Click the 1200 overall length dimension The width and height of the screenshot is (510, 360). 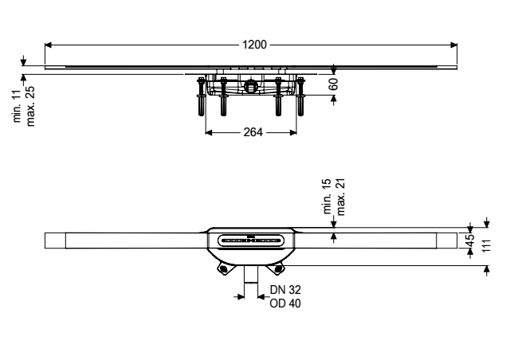pos(254,45)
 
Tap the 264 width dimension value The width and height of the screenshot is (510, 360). pos(253,132)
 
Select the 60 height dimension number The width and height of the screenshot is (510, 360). pos(333,84)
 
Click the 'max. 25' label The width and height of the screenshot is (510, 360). pos(30,106)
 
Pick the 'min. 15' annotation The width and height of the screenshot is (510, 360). pos(328,196)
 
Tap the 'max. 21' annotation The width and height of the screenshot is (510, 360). pos(340,197)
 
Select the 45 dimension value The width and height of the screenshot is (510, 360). pos(469,241)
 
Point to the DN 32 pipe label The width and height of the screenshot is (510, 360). pos(285,289)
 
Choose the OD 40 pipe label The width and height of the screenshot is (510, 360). pos(285,303)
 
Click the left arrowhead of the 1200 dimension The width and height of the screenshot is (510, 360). pos(48,45)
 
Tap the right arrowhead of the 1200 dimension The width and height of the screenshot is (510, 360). pos(453,45)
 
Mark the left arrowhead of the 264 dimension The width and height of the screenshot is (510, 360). pos(209,132)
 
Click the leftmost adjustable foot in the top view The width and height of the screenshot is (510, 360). pos(201,96)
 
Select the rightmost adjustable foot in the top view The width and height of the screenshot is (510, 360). pos(300,96)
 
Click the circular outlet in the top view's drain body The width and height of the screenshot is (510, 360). pos(250,85)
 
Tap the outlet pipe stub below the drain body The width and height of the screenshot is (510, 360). pos(251,274)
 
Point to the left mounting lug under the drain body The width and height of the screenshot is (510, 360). pos(223,268)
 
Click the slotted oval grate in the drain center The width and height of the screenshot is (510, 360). pos(250,241)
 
